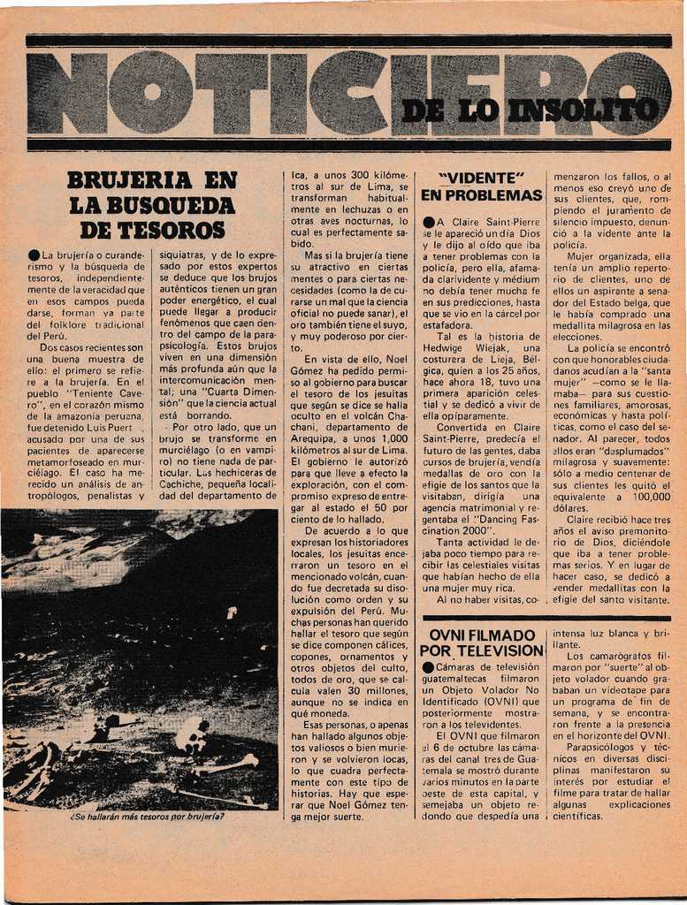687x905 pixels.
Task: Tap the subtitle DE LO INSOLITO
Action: tap(529, 110)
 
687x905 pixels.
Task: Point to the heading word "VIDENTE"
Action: tap(482, 178)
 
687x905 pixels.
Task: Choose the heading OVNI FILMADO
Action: tap(482, 635)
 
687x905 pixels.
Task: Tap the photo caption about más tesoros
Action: tap(147, 816)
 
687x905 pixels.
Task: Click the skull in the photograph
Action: tap(191, 734)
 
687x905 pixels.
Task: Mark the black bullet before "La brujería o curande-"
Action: tap(34, 255)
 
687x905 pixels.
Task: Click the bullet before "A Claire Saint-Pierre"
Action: tap(429, 222)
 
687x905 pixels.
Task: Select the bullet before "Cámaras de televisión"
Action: tap(429, 667)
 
